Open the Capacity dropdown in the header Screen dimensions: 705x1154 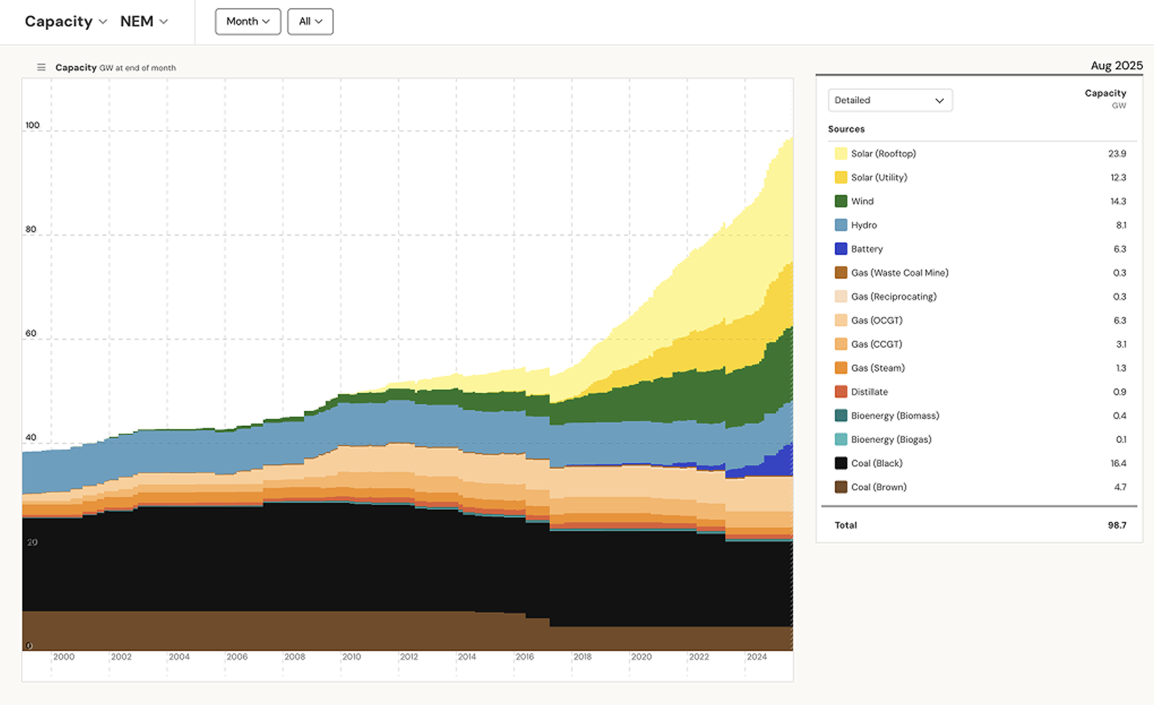[x=66, y=21]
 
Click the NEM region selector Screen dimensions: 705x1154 [x=144, y=21]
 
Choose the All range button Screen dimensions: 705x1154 [x=310, y=21]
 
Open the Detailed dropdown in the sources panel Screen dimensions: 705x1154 [x=889, y=100]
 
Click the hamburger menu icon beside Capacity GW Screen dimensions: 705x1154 [x=41, y=67]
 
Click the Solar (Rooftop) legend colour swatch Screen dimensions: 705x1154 [x=841, y=153]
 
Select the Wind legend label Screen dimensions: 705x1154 [x=862, y=201]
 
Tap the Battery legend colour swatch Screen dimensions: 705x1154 [x=841, y=249]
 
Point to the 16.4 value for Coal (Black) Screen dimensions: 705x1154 [x=1118, y=463]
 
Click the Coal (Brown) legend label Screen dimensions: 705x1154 [x=878, y=487]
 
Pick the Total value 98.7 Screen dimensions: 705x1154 [x=1116, y=525]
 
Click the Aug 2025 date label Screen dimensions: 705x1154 [x=1116, y=66]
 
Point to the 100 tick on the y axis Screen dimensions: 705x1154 [x=32, y=125]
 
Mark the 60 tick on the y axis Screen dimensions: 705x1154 [x=31, y=333]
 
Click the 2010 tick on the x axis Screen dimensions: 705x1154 [x=351, y=657]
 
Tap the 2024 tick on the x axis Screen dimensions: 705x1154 [x=756, y=657]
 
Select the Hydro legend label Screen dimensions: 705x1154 [x=864, y=225]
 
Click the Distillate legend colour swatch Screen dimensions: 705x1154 [x=841, y=392]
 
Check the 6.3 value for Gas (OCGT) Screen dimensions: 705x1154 [x=1119, y=320]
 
